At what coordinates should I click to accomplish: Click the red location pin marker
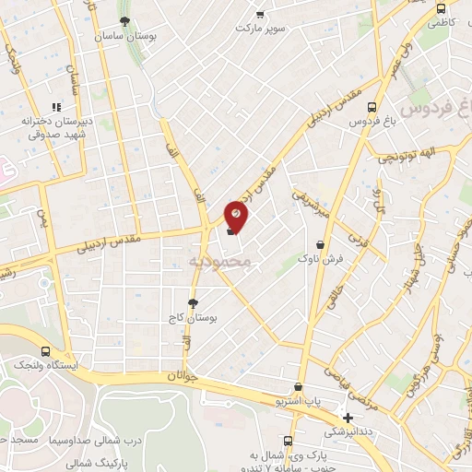tap(237, 214)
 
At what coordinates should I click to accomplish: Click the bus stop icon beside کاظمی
tap(440, 7)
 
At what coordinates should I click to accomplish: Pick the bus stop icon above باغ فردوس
tap(372, 106)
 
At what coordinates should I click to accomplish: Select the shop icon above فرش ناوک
tap(320, 245)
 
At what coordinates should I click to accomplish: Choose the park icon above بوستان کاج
tap(193, 302)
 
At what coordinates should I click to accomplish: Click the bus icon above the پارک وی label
tap(289, 441)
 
